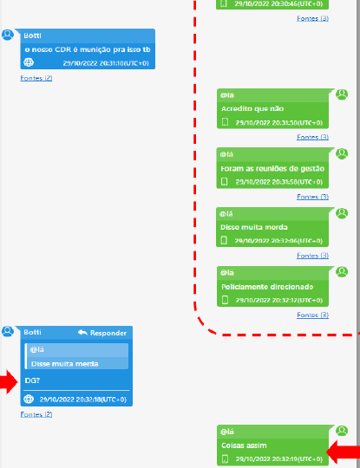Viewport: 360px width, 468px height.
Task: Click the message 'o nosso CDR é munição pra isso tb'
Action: pyautogui.click(x=88, y=49)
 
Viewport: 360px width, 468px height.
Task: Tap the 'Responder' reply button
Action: pyautogui.click(x=102, y=333)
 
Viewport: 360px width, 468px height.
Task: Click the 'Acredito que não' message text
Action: pyautogui.click(x=252, y=108)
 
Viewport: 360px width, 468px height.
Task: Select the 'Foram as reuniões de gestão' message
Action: pyautogui.click(x=272, y=169)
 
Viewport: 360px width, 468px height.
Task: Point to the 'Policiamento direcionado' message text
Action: pyautogui.click(x=267, y=287)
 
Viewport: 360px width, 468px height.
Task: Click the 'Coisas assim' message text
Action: pyautogui.click(x=244, y=445)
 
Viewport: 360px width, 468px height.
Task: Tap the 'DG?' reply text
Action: pyautogui.click(x=32, y=380)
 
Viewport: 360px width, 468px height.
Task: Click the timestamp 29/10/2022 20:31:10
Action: pyautogui.click(x=106, y=63)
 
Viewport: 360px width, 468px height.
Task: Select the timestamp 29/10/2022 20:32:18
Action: pyautogui.click(x=83, y=400)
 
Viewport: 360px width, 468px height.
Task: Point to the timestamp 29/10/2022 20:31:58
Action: pyautogui.click(x=279, y=182)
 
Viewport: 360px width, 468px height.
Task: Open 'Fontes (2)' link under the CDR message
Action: pyautogui.click(x=36, y=78)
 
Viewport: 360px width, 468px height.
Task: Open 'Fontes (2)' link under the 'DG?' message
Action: pyautogui.click(x=36, y=414)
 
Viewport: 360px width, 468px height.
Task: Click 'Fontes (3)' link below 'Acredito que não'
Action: pyautogui.click(x=313, y=137)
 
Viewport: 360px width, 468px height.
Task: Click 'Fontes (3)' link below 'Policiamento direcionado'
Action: pyautogui.click(x=313, y=315)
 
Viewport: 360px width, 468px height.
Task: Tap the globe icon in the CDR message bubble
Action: pyautogui.click(x=29, y=62)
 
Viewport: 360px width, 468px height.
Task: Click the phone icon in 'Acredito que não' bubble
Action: pyautogui.click(x=225, y=122)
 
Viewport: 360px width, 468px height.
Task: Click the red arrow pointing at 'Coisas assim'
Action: pyautogui.click(x=344, y=452)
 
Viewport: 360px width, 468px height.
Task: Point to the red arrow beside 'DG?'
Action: pyautogui.click(x=9, y=382)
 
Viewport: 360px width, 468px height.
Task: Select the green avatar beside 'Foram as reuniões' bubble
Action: pyautogui.click(x=342, y=153)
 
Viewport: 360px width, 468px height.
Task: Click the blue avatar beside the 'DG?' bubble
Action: pyautogui.click(x=8, y=331)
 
